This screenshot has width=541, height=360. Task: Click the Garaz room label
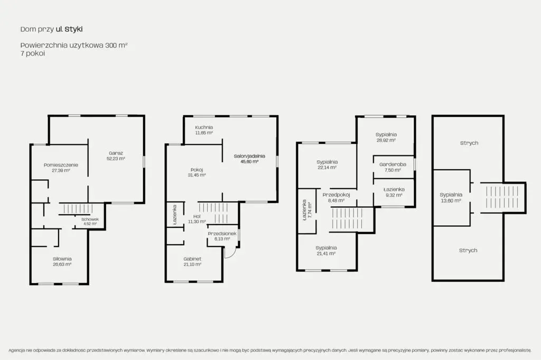pyautogui.click(x=116, y=153)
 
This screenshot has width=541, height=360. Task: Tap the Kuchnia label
pyautogui.click(x=204, y=127)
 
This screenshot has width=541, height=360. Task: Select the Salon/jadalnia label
pyautogui.click(x=249, y=156)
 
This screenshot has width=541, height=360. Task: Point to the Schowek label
pyautogui.click(x=90, y=219)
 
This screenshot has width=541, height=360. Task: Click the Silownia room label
pyautogui.click(x=62, y=259)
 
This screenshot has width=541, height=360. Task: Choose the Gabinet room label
pyautogui.click(x=192, y=259)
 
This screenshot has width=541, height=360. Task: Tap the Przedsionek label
pyautogui.click(x=222, y=234)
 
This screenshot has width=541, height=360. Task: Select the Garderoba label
pyautogui.click(x=393, y=164)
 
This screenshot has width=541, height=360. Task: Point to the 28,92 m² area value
pyautogui.click(x=386, y=141)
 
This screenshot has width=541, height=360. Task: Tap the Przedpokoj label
pyautogui.click(x=336, y=195)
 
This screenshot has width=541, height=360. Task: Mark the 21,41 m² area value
pyautogui.click(x=326, y=253)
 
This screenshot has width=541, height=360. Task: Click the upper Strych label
pyautogui.click(x=469, y=143)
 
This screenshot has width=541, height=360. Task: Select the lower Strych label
pyautogui.click(x=468, y=250)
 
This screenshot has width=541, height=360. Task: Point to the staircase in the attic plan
pyautogui.click(x=502, y=197)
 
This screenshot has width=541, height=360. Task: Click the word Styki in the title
pyautogui.click(x=73, y=29)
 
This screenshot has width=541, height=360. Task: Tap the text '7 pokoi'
pyautogui.click(x=32, y=53)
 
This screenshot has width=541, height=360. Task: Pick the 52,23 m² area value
pyautogui.click(x=116, y=159)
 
